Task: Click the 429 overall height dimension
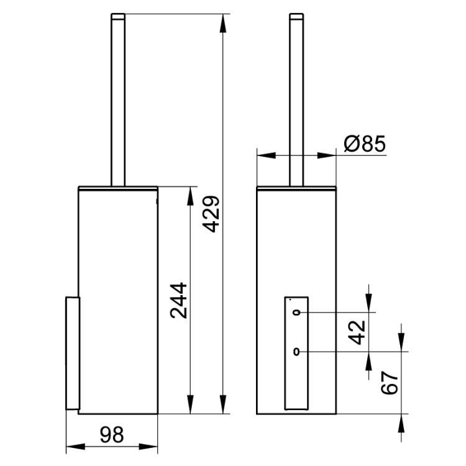pos(211,214)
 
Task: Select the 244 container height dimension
pos(178,301)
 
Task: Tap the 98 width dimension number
pos(112,434)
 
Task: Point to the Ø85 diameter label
pos(365,144)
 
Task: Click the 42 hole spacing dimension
pos(357,332)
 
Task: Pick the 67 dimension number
pos(390,382)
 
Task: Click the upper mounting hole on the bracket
pos(296,313)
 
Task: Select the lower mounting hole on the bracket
pos(296,352)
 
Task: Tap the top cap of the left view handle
pos(118,16)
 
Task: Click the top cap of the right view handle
pos(296,16)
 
